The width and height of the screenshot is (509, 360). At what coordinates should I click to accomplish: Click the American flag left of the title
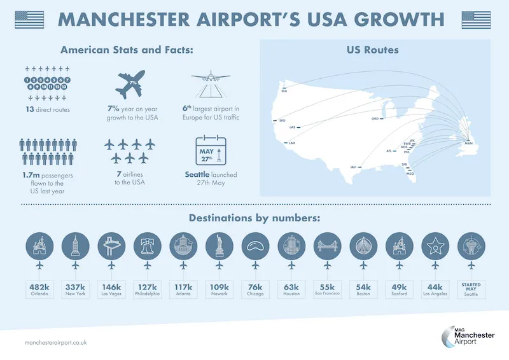(x=29, y=19)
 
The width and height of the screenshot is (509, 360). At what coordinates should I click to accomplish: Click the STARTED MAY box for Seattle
(x=471, y=289)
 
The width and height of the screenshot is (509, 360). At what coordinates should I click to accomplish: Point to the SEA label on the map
(x=284, y=90)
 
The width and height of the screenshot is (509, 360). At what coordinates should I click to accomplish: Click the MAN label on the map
(x=469, y=144)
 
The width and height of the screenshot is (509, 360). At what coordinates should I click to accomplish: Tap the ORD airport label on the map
(x=375, y=118)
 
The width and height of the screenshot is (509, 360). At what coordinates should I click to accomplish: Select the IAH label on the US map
(x=353, y=167)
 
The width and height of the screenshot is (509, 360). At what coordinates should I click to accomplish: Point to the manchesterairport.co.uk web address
(x=55, y=342)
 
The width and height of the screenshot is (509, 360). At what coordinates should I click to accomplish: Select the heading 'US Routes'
(x=373, y=50)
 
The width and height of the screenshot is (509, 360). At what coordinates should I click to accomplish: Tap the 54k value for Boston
(x=363, y=286)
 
